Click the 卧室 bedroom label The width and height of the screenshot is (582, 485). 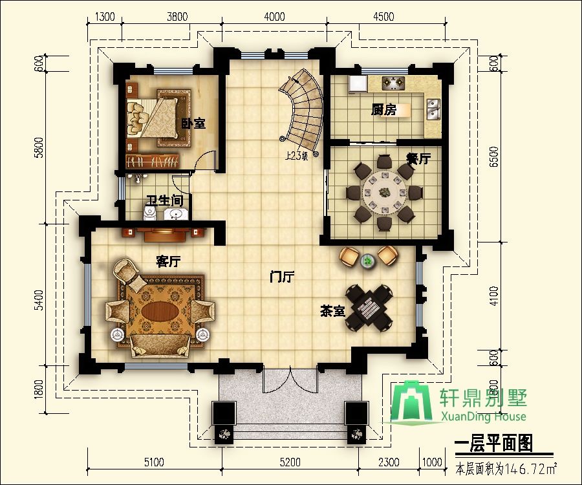coord(193,124)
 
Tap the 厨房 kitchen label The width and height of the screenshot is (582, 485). coord(383,110)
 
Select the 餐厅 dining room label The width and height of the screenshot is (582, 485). coord(418,158)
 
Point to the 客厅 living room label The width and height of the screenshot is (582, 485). coord(168,262)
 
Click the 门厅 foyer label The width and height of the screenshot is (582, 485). coord(282,277)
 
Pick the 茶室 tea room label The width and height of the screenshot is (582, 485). coord(332,312)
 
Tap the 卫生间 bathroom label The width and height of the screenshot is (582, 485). coord(164,200)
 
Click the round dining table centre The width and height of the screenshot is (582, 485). coord(384,192)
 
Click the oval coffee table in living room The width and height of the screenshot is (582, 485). coord(160,311)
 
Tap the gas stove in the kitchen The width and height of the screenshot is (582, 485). coord(393,83)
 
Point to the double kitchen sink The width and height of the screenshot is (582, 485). coord(433,110)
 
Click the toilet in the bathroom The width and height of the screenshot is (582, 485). coord(149,213)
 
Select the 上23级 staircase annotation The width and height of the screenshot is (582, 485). coord(296,156)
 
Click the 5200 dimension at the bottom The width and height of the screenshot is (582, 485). coord(290,462)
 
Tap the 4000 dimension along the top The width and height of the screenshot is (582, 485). coord(274,17)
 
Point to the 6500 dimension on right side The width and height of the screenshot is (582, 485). coord(493,156)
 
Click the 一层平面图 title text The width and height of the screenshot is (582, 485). coord(493,444)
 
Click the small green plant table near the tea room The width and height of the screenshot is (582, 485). coord(368,261)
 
